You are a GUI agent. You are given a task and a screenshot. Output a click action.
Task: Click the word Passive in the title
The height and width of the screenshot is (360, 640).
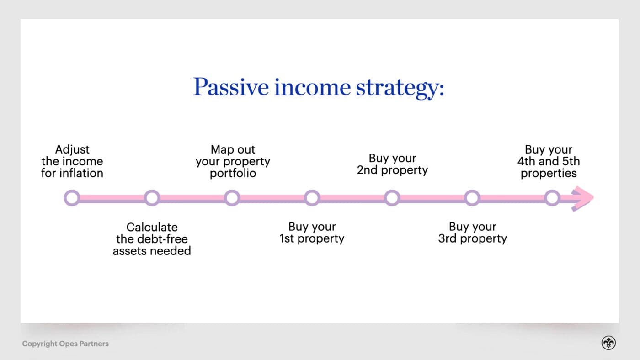click(x=230, y=87)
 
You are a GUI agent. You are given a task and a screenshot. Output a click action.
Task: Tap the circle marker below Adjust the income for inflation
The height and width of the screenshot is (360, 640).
click(x=72, y=198)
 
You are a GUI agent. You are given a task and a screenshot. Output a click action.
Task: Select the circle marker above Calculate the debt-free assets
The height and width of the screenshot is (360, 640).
click(x=152, y=198)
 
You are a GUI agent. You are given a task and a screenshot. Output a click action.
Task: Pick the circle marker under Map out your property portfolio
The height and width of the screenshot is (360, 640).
click(x=232, y=198)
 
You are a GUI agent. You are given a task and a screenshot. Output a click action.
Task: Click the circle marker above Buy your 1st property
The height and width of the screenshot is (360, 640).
click(x=312, y=198)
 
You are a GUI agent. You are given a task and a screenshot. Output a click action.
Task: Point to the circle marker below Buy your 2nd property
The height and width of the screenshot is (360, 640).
click(x=392, y=198)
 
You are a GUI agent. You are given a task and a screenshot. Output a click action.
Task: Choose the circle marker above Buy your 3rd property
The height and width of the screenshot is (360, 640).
click(x=472, y=198)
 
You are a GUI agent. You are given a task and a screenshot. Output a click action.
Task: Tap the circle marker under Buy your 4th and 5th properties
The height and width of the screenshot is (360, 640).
click(x=552, y=198)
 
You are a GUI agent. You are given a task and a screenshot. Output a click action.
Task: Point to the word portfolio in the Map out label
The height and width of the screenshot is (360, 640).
click(x=233, y=174)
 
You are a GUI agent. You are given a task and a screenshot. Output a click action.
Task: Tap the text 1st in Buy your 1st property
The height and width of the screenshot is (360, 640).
click(x=287, y=238)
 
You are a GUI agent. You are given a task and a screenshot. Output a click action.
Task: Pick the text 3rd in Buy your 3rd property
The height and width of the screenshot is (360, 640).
click(x=447, y=238)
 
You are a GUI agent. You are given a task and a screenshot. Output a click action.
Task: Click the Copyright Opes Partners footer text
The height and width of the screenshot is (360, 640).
click(x=65, y=344)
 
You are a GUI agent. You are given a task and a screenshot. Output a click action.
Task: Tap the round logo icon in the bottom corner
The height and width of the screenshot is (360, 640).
click(x=608, y=343)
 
